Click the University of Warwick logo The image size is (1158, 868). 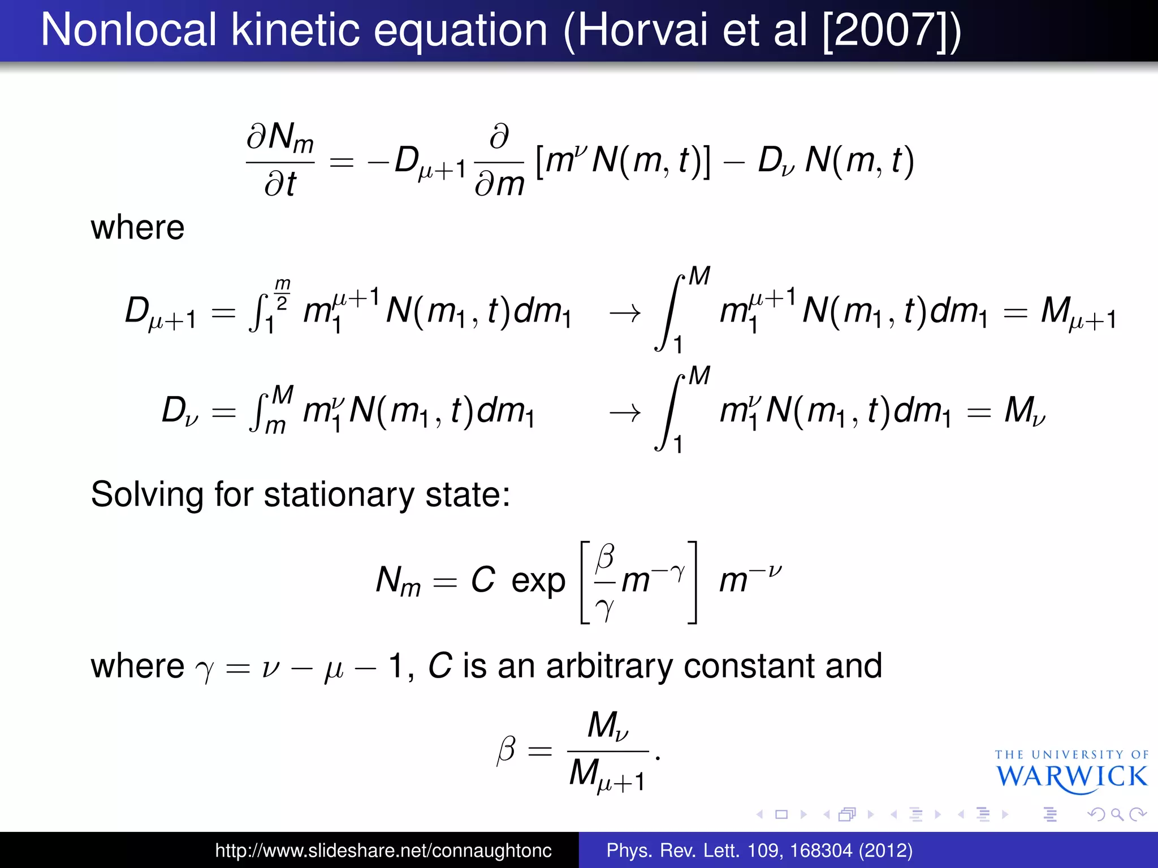(x=1071, y=772)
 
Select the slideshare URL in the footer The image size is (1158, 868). (x=383, y=850)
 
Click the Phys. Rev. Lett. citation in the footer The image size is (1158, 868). (x=759, y=850)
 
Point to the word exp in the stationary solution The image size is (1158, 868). (x=538, y=581)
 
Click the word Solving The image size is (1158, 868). (x=147, y=494)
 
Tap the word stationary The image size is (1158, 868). (x=339, y=494)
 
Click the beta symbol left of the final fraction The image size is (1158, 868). (x=506, y=750)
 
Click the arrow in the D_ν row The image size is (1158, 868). (x=625, y=413)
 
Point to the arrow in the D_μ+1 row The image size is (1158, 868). (x=625, y=313)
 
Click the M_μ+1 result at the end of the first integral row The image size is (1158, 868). (x=1078, y=313)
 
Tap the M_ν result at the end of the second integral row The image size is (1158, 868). (x=1024, y=411)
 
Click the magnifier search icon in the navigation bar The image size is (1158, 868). (x=1117, y=814)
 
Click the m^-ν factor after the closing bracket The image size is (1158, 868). (x=750, y=579)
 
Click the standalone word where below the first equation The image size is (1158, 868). (x=137, y=228)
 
